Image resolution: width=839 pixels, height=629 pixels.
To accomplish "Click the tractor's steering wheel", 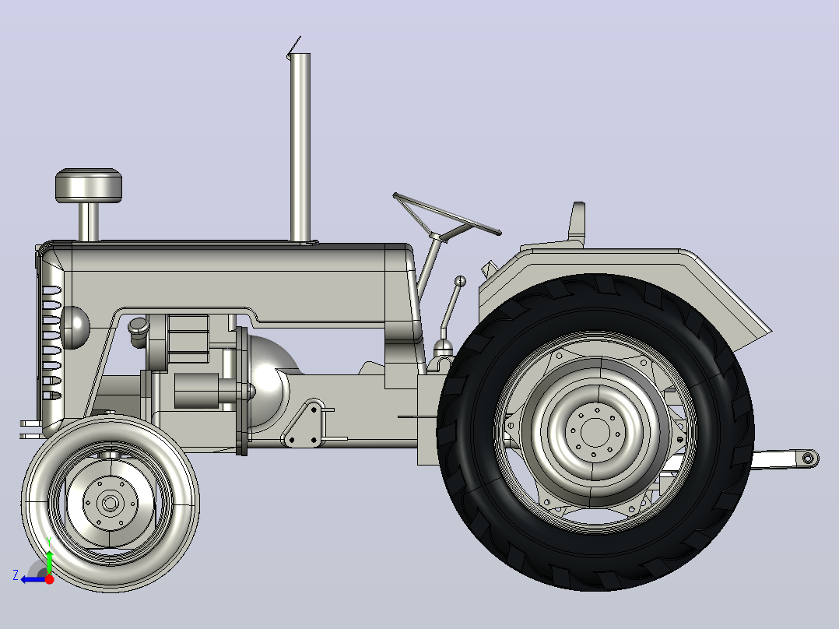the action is pyautogui.click(x=446, y=213).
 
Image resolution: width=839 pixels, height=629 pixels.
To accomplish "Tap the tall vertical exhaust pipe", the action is pyautogui.click(x=300, y=147).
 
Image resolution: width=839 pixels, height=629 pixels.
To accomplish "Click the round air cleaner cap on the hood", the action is pyautogui.click(x=89, y=185).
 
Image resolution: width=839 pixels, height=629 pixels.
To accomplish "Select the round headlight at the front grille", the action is pyautogui.click(x=75, y=327).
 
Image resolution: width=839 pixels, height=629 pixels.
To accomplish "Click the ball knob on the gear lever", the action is pyautogui.click(x=460, y=281).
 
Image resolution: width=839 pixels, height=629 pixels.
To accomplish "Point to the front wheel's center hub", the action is pyautogui.click(x=111, y=503).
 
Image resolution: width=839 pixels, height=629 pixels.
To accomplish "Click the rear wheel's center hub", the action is pyautogui.click(x=595, y=432).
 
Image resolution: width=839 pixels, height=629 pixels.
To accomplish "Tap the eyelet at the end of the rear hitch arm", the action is pyautogui.click(x=809, y=459).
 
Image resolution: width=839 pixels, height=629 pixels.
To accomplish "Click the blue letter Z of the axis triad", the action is pyautogui.click(x=16, y=575).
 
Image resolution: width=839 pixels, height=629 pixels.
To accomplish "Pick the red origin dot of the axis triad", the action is pyautogui.click(x=49, y=579).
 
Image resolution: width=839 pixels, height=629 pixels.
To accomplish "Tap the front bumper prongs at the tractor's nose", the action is pyautogui.click(x=30, y=430).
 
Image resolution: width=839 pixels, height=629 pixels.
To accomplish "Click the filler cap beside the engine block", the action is pyautogui.click(x=138, y=325).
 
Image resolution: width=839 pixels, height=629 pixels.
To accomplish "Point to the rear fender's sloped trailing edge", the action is pyautogui.click(x=731, y=291).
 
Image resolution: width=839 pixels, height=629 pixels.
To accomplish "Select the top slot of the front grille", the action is pyautogui.click(x=51, y=291).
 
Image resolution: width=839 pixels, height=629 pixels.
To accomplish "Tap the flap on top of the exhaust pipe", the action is pyautogui.click(x=293, y=46).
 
